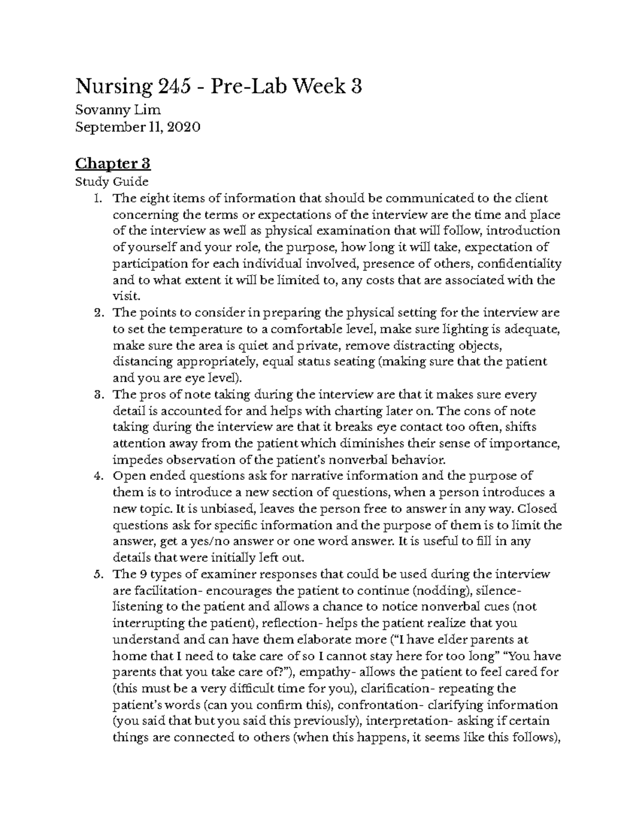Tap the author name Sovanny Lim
pos(118,110)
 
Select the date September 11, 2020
pos(137,127)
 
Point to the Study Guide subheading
pos(112,182)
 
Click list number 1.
pos(96,199)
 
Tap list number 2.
pos(96,313)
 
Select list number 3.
pos(96,395)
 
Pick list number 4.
pos(96,476)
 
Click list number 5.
pos(96,575)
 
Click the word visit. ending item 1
pos(124,296)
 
